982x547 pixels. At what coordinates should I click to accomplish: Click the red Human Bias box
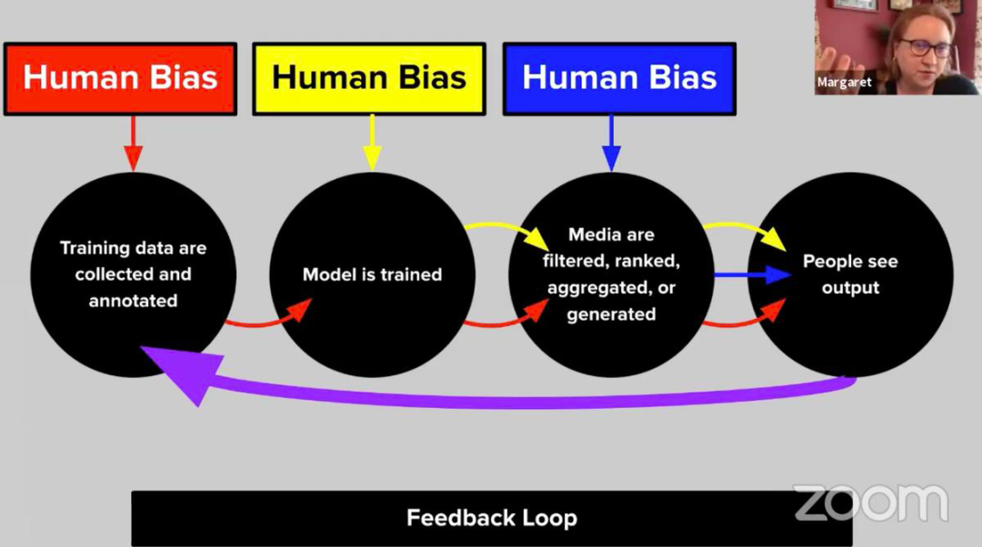click(x=120, y=78)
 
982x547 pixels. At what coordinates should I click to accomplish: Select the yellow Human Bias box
click(x=369, y=78)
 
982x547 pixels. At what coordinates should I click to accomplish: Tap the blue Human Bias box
click(x=619, y=78)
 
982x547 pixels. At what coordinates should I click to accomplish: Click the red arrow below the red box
click(x=133, y=143)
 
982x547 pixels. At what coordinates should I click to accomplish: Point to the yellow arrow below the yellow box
click(x=371, y=143)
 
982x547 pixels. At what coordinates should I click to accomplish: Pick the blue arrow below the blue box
click(x=611, y=143)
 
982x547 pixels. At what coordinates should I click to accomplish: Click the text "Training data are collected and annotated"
click(x=133, y=273)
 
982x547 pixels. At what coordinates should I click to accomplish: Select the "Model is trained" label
click(x=372, y=274)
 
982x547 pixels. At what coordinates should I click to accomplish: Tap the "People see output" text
click(x=850, y=274)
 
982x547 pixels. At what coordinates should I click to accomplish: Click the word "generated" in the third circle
click(x=611, y=314)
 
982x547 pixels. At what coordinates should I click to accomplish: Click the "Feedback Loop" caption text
click(x=491, y=518)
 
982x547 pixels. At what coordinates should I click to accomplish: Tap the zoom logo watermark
click(x=870, y=502)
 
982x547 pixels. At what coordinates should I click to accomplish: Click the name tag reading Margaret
click(x=845, y=83)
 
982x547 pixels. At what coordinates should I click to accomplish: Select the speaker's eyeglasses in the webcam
click(x=925, y=46)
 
